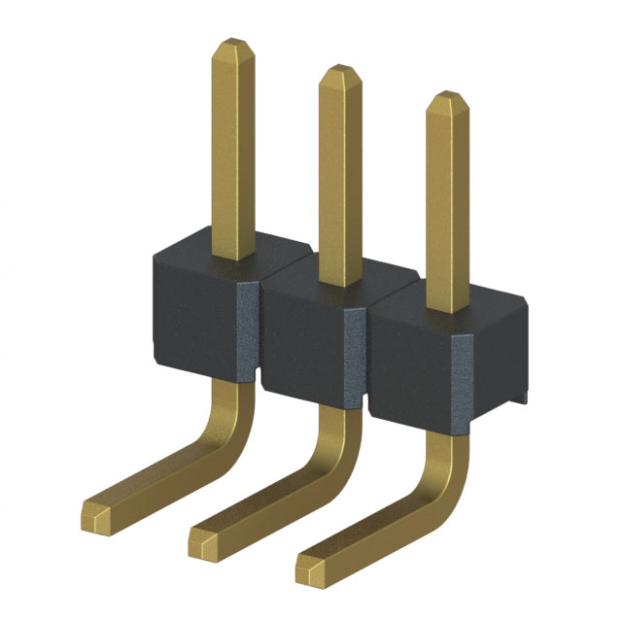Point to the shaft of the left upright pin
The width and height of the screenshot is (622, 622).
click(x=233, y=146)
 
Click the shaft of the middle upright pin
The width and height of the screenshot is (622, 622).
click(x=339, y=175)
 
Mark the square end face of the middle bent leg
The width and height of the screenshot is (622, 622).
click(x=201, y=540)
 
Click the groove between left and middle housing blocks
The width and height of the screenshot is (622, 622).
click(x=255, y=330)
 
